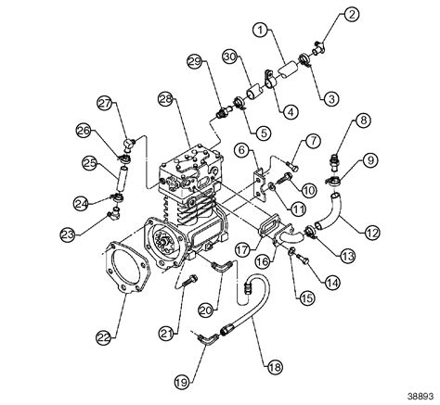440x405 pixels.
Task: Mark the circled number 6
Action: [x=239, y=149]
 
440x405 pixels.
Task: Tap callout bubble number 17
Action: [x=242, y=247]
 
